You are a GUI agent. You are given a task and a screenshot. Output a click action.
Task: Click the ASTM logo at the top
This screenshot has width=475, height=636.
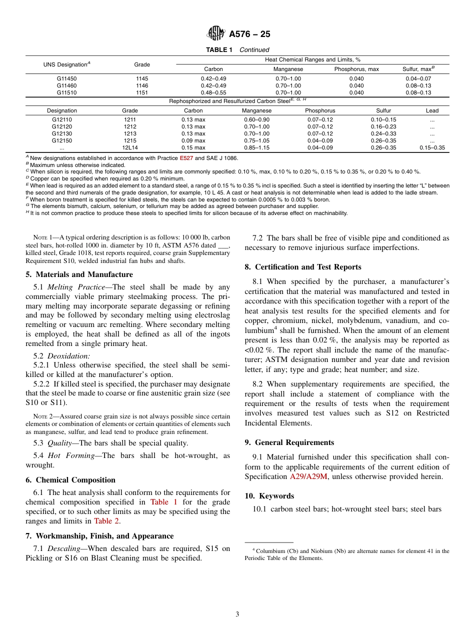pyautogui.click(x=216, y=33)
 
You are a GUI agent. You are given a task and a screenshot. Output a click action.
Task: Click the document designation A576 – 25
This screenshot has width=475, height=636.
pyautogui.click(x=249, y=34)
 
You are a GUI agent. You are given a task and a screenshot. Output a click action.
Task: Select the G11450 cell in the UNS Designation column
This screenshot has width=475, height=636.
pyautogui.click(x=66, y=78)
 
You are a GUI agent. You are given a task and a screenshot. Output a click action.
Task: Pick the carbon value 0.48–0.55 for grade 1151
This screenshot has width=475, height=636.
pyautogui.click(x=213, y=92)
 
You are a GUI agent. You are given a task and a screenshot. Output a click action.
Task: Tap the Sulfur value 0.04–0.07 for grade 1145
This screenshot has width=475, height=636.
pyautogui.click(x=418, y=78)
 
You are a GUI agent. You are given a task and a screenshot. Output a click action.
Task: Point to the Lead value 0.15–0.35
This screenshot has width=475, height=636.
pyautogui.click(x=432, y=147)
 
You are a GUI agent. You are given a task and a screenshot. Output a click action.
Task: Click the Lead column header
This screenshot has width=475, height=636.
pyautogui.click(x=432, y=110)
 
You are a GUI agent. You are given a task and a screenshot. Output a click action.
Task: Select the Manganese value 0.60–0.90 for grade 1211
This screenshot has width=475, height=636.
pyautogui.click(x=256, y=119)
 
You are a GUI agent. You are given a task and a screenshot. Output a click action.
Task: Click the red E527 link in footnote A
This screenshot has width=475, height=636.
pyautogui.click(x=186, y=158)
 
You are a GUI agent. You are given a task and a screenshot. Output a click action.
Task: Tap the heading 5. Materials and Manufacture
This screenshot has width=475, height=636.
pyautogui.click(x=79, y=274)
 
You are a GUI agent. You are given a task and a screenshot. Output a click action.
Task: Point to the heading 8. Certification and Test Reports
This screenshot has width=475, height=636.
pyautogui.click(x=303, y=267)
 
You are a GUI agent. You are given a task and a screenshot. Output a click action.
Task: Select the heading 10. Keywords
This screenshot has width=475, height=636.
pyautogui.click(x=269, y=496)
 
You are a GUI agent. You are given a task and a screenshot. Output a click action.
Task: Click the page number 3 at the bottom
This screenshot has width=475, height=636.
pyautogui.click(x=237, y=614)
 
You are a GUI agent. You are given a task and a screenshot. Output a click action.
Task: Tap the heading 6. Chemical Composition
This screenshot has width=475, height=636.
pyautogui.click(x=70, y=480)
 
